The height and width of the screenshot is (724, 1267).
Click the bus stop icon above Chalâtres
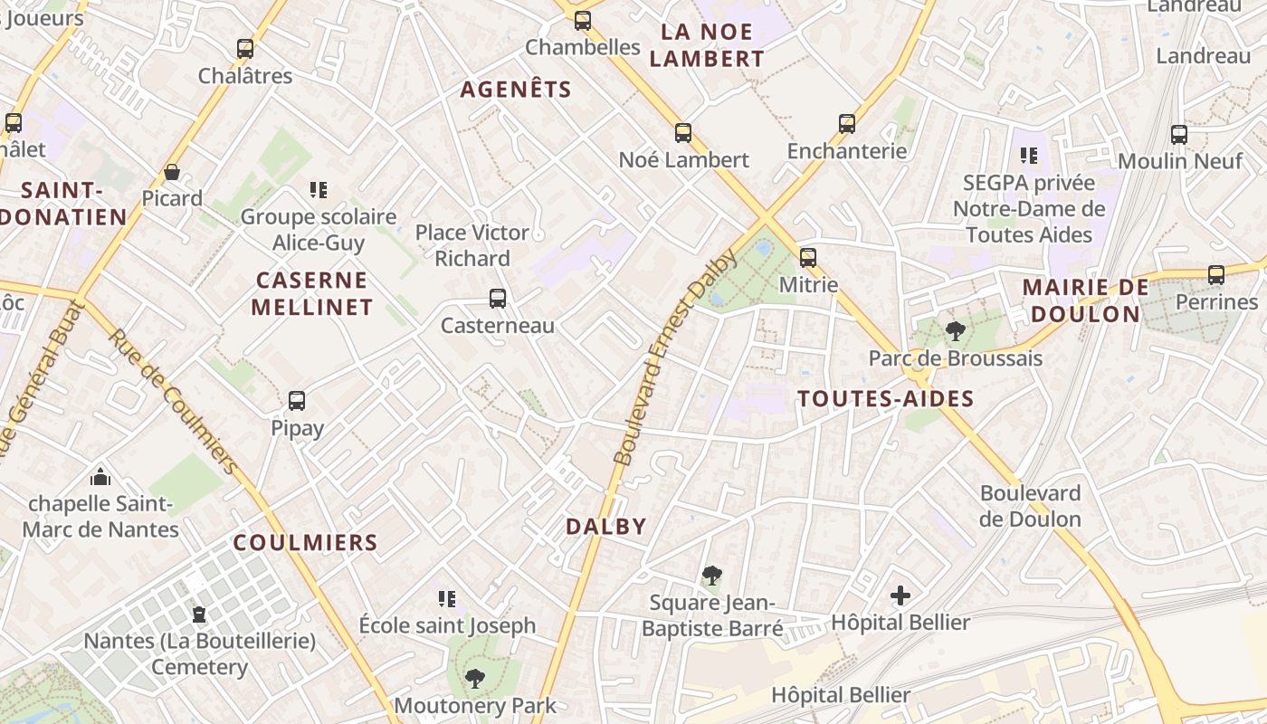coord(245,49)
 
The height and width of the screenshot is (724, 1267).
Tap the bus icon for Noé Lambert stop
coord(683,133)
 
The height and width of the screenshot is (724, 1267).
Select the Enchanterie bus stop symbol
coord(847,124)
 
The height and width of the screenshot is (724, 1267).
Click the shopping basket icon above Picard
coord(172,172)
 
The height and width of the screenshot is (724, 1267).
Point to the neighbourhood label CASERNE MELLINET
coord(311,293)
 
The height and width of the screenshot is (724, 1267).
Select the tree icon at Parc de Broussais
coord(955,331)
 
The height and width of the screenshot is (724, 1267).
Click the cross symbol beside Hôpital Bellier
coord(900,595)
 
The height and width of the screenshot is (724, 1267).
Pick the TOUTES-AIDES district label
coord(885,399)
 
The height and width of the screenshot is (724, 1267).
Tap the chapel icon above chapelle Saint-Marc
coord(100,476)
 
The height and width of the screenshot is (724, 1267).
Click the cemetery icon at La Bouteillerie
coord(199,614)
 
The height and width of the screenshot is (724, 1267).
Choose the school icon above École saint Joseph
coord(446,598)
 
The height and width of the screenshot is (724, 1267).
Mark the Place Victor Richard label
coord(472,245)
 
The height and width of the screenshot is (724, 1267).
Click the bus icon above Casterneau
coord(497,299)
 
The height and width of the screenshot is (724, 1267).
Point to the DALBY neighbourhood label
coord(606,526)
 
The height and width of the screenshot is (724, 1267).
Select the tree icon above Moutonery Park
coord(475,678)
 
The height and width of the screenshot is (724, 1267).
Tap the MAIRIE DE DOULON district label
coord(1085,300)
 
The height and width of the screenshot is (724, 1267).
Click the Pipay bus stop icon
coord(297,401)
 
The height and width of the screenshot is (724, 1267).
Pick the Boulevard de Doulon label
coord(1030,506)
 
